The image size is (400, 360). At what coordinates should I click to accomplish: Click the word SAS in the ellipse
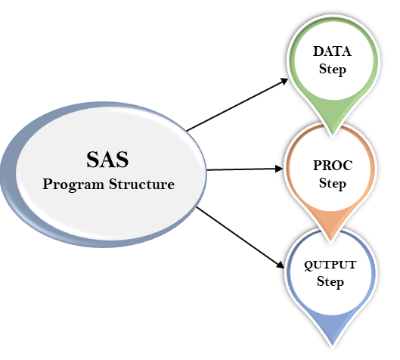(x=107, y=160)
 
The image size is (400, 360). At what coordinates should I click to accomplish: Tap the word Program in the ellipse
(x=73, y=185)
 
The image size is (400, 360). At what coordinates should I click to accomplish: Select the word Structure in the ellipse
(x=142, y=184)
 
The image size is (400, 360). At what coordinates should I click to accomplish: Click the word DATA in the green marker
(x=332, y=51)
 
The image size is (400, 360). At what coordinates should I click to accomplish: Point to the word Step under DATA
(x=333, y=69)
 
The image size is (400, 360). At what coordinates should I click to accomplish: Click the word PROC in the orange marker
(x=333, y=166)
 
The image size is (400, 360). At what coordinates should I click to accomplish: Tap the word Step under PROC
(x=333, y=183)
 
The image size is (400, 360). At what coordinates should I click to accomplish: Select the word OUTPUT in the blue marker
(x=330, y=265)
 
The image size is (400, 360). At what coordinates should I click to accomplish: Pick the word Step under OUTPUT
(x=330, y=281)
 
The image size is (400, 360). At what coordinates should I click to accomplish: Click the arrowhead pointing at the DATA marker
(x=284, y=82)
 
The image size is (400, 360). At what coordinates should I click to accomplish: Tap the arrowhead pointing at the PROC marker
(x=279, y=169)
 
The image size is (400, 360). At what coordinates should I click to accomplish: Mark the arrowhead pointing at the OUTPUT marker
(x=281, y=265)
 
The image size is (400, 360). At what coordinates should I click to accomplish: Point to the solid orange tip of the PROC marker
(x=330, y=224)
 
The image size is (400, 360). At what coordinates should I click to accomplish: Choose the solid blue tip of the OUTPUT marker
(x=333, y=327)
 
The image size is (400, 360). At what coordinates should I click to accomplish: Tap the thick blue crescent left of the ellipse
(x=10, y=176)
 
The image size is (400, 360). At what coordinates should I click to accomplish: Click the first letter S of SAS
(x=93, y=160)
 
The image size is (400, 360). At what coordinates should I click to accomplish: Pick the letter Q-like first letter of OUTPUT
(x=309, y=265)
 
